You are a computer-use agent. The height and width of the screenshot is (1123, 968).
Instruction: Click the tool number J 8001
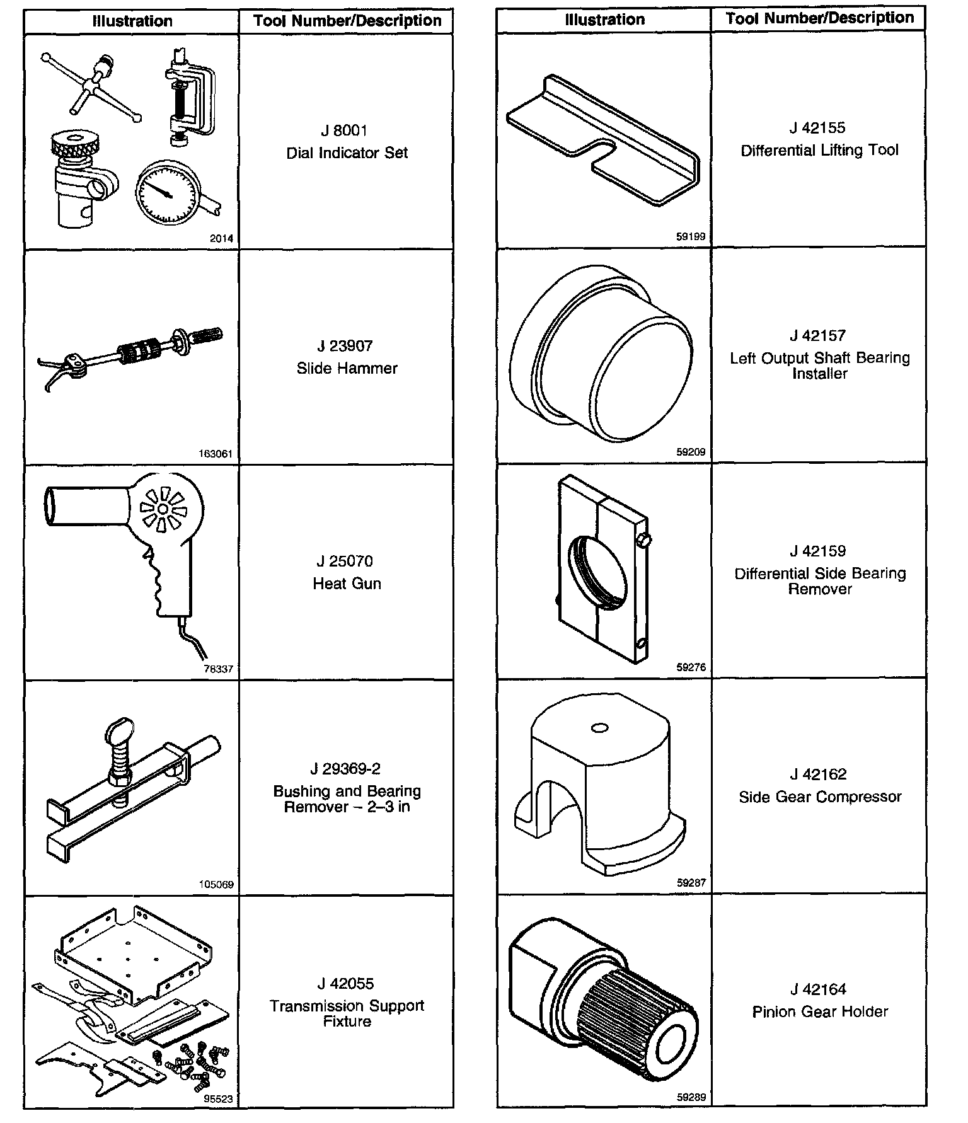point(344,130)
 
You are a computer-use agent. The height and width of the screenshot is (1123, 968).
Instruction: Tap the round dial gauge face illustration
point(166,192)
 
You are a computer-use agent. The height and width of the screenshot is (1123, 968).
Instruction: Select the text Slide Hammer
point(347,368)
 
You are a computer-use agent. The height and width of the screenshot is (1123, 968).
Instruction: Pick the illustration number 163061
point(216,454)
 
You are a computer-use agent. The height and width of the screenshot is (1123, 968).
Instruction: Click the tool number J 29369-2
point(345,769)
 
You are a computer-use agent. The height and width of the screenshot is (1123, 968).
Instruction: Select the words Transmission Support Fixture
point(347,1013)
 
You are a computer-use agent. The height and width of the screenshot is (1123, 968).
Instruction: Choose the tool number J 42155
point(817,128)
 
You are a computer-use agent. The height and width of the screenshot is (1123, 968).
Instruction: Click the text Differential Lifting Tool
point(819,151)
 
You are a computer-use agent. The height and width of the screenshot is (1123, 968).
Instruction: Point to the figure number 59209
point(691,452)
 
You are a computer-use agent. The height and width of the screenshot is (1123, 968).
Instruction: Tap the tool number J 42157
point(817,335)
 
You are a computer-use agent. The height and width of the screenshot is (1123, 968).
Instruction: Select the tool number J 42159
point(817,551)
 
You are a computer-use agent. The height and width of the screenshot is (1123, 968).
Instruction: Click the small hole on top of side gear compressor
point(599,728)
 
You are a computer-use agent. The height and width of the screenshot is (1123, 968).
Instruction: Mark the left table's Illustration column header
point(132,21)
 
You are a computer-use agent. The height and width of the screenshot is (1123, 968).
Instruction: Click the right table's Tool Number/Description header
point(819,18)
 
